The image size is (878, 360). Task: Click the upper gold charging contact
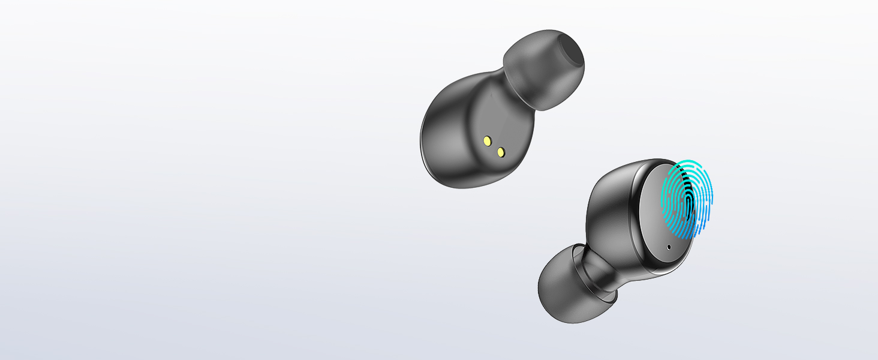tap(488, 141)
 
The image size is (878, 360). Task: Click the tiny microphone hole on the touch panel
tap(669, 246)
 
